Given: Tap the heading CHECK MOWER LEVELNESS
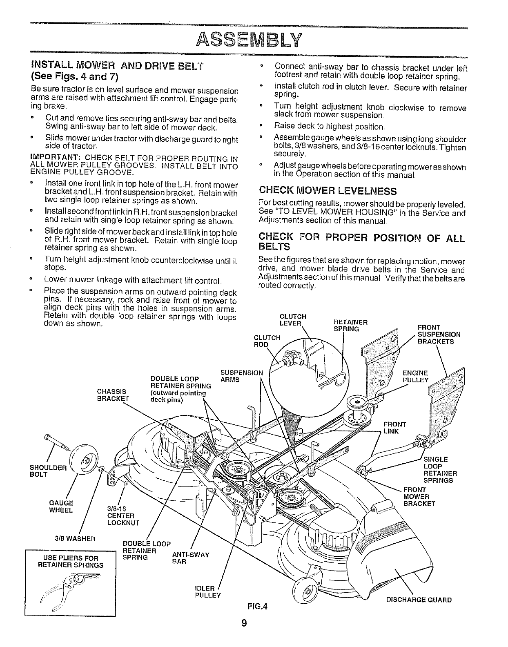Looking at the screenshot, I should pyautogui.click(x=328, y=191).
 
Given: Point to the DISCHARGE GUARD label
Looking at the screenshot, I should pyautogui.click(x=419, y=600).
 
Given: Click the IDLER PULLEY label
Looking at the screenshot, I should pyautogui.click(x=208, y=591).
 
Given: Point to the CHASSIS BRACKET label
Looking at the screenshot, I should pyautogui.click(x=113, y=395).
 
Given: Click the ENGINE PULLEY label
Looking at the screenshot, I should pyautogui.click(x=416, y=377).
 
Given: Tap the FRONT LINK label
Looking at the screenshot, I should pyautogui.click(x=395, y=428).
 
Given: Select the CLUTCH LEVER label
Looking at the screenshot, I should pyautogui.click(x=292, y=320).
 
